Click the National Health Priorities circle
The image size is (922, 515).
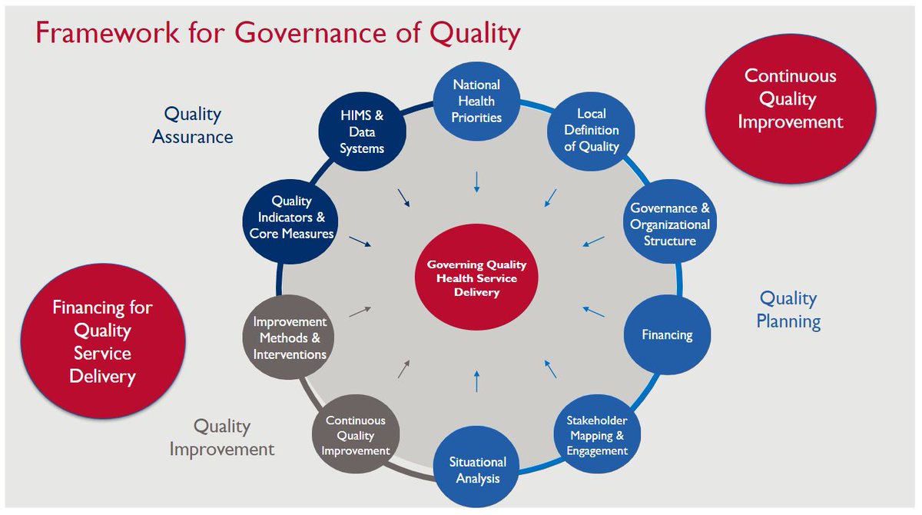[x=477, y=101]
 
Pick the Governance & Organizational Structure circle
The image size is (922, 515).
[x=670, y=224]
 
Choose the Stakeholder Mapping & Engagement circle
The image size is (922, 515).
[x=596, y=435]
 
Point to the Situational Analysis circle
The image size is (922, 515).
[x=477, y=470]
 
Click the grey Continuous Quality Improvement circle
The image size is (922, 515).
[x=355, y=435]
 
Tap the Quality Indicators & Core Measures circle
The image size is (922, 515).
[x=291, y=218]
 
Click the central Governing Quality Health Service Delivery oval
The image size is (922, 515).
[x=476, y=278]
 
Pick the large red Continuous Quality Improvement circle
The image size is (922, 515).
[x=790, y=100]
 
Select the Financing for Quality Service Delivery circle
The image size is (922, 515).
[x=102, y=342]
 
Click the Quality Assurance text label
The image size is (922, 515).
[x=192, y=125]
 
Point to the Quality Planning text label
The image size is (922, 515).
[x=788, y=309]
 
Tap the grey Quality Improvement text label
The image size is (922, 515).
[x=221, y=437]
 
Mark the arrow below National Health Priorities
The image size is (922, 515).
[x=477, y=181]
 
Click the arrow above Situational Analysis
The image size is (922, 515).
[x=477, y=380]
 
